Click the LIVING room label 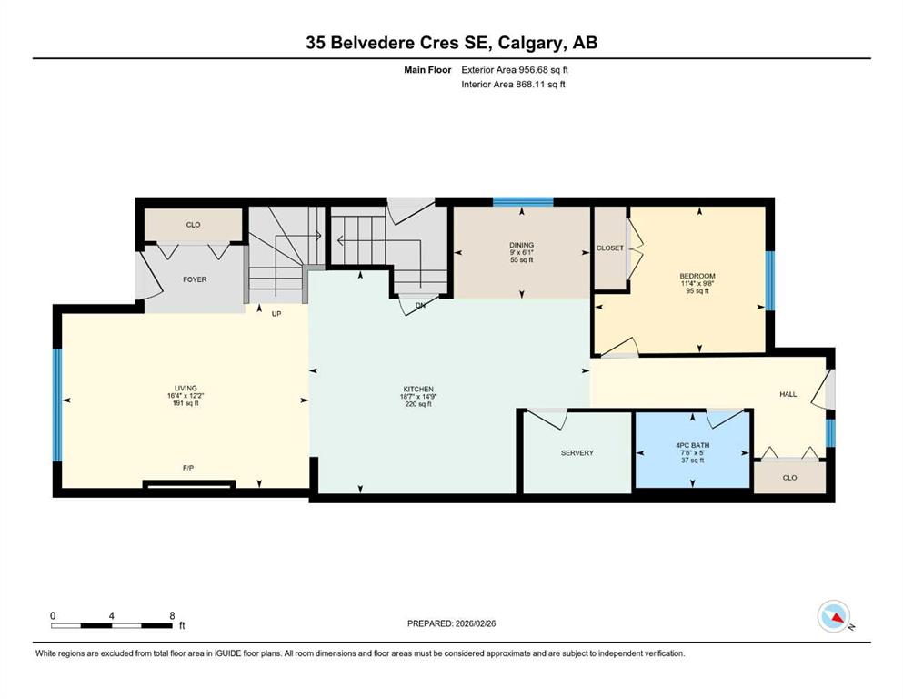186,389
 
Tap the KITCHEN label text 418,389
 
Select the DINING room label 522,245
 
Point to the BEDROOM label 697,276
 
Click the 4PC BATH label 692,445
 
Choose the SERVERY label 577,453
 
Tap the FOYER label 195,279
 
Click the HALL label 788,394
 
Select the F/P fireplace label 188,468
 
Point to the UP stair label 276,314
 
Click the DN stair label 420,306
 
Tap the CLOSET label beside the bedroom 610,248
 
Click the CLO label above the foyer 193,225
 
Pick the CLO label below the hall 789,478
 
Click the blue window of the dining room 523,202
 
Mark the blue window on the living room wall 57,405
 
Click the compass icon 834,616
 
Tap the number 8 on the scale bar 172,615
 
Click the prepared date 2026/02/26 475,623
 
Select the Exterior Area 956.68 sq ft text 515,70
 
